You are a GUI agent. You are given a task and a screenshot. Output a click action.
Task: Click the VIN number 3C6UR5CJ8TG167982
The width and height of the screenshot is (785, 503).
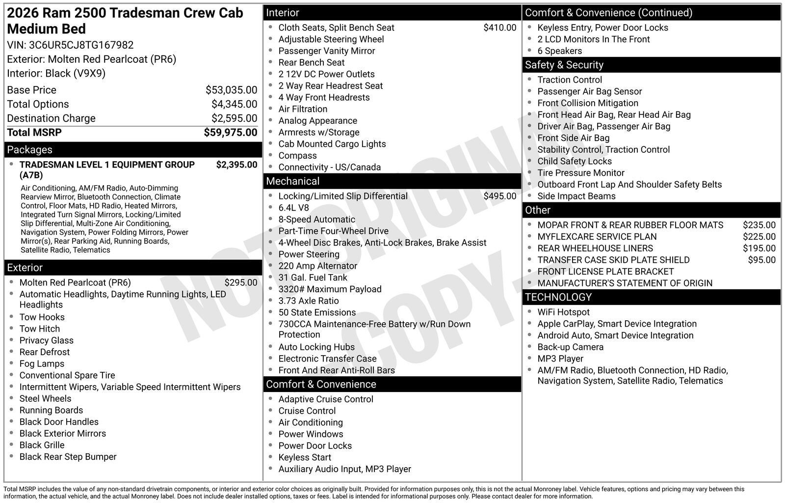tap(81, 45)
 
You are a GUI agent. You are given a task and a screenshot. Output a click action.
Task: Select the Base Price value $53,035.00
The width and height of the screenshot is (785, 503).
tap(231, 90)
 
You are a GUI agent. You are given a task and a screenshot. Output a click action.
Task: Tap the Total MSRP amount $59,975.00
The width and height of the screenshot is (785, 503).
tap(230, 133)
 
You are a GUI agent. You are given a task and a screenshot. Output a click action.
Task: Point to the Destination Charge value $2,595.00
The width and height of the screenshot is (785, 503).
tap(234, 118)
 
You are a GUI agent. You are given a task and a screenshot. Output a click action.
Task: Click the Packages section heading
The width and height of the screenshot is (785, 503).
tap(29, 150)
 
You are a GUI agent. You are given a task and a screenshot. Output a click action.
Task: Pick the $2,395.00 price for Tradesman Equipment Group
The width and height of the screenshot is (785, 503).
tap(236, 165)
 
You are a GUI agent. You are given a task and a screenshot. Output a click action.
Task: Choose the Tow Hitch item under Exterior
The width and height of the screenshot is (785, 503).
tap(39, 329)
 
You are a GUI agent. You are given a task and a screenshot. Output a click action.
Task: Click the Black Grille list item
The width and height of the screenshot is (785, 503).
tap(42, 445)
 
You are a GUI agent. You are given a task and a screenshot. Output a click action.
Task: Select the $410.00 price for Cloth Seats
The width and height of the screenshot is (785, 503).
tap(499, 28)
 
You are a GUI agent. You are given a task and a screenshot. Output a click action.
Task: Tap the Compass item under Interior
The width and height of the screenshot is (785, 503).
tap(297, 156)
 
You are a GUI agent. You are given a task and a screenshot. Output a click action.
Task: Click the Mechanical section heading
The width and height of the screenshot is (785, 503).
tap(292, 181)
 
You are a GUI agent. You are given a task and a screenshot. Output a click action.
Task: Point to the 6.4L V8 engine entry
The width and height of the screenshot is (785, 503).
tap(293, 208)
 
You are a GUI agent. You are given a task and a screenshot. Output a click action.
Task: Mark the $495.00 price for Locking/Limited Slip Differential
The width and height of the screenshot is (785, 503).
tap(499, 196)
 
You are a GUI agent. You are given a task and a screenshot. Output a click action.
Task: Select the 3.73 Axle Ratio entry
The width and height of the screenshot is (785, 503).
tap(308, 301)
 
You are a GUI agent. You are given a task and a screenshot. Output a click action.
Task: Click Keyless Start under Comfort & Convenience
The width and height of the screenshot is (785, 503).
tap(305, 457)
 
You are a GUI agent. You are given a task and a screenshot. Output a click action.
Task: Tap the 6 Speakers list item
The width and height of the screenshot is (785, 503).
tap(559, 51)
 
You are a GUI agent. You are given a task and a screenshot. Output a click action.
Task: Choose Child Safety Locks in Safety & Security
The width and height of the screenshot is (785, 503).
tap(574, 161)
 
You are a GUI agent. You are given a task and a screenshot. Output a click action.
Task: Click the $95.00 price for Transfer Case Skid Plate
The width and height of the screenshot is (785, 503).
tap(761, 260)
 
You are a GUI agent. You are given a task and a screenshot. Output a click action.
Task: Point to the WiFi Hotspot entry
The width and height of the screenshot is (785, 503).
tap(563, 312)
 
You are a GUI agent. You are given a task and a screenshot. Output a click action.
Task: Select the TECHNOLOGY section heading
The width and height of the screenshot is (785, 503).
tap(558, 297)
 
